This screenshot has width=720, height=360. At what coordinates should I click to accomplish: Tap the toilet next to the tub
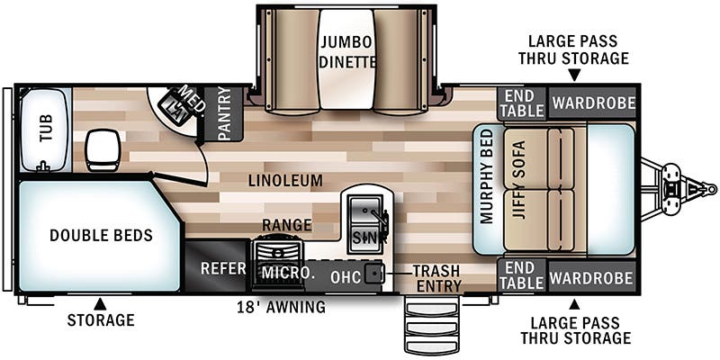click(102, 148)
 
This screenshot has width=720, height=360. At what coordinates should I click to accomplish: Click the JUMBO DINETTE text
click(346, 51)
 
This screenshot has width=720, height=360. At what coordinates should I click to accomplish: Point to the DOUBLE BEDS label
click(101, 236)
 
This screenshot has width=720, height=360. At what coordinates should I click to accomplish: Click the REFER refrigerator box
click(217, 268)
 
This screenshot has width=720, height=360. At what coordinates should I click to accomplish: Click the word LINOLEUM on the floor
click(286, 181)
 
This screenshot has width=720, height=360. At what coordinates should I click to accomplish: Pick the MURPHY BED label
click(487, 175)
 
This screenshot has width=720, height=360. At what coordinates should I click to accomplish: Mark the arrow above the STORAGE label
click(101, 303)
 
